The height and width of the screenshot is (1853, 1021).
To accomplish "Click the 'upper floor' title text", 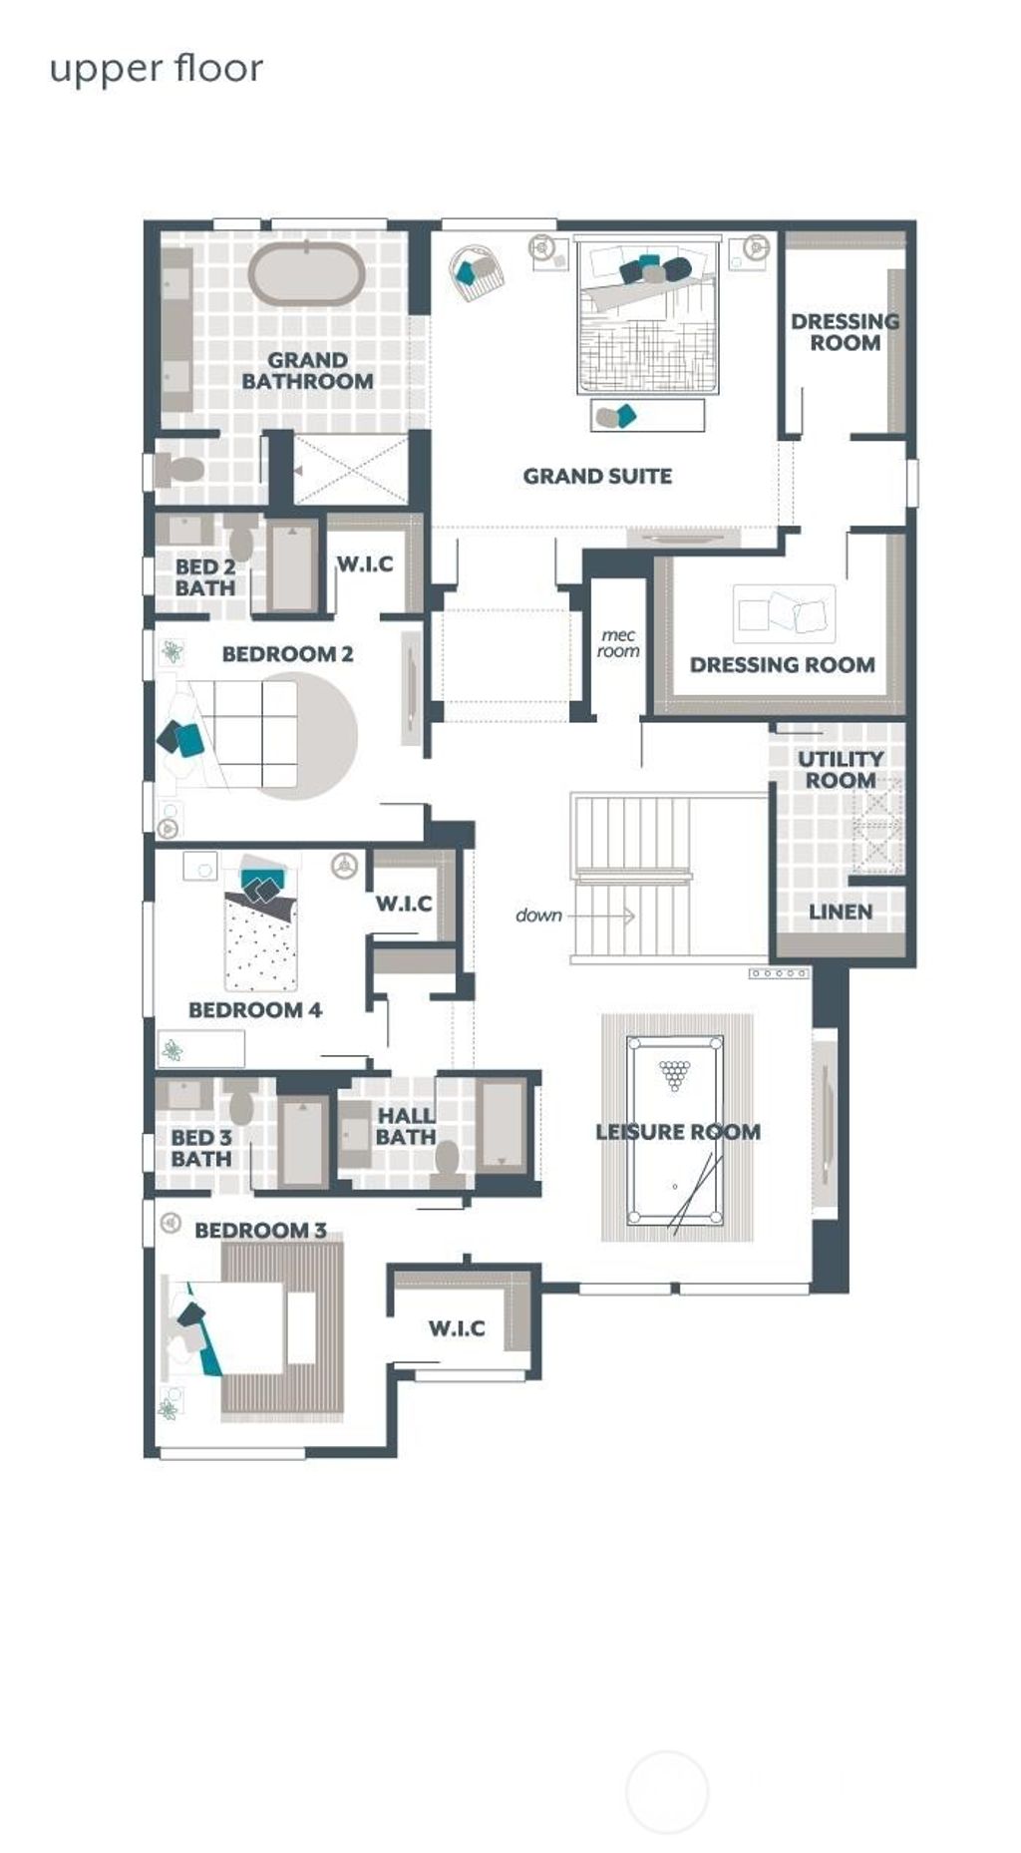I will [156, 69].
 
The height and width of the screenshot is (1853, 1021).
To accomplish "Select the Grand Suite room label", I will [597, 477].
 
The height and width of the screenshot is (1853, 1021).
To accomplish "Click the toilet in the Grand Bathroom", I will [180, 469].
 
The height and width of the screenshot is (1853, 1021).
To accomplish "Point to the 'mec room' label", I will [618, 643].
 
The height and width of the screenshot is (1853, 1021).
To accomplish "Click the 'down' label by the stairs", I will [538, 916].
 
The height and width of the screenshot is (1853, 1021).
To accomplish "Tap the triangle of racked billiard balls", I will [675, 1074].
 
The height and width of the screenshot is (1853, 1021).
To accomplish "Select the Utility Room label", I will [841, 770].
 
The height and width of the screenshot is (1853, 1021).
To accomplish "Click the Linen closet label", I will [841, 912].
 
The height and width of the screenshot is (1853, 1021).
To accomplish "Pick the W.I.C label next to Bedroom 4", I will [404, 904].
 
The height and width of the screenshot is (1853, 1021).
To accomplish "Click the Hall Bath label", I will [406, 1126].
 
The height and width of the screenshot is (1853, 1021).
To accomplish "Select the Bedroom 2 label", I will [287, 654].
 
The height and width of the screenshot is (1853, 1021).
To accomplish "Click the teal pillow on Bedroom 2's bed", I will [189, 739].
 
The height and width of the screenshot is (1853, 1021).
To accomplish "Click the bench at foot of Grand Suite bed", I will [647, 415].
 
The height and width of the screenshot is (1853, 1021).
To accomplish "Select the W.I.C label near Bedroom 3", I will [457, 1328].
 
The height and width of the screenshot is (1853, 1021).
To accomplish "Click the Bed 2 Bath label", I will [204, 577].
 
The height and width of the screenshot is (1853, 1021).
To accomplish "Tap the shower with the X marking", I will [350, 469].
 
